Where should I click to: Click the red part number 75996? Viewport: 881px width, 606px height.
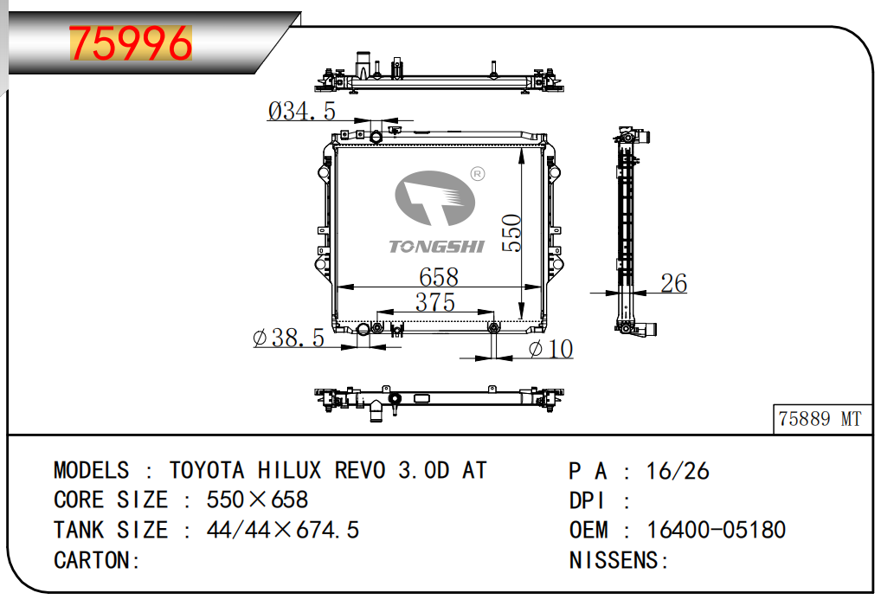click(131, 43)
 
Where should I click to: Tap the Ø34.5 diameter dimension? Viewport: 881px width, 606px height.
click(302, 111)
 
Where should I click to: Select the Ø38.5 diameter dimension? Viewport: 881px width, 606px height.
click(289, 338)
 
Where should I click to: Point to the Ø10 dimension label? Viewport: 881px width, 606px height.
click(550, 349)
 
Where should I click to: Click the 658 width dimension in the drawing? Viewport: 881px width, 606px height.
click(439, 276)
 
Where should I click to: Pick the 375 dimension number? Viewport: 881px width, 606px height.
click(435, 302)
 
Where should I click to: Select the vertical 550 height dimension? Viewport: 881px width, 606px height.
click(511, 233)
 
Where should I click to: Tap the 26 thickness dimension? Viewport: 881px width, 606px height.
click(673, 283)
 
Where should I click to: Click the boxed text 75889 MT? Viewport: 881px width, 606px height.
click(820, 419)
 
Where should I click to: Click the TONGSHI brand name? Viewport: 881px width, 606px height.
click(436, 246)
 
